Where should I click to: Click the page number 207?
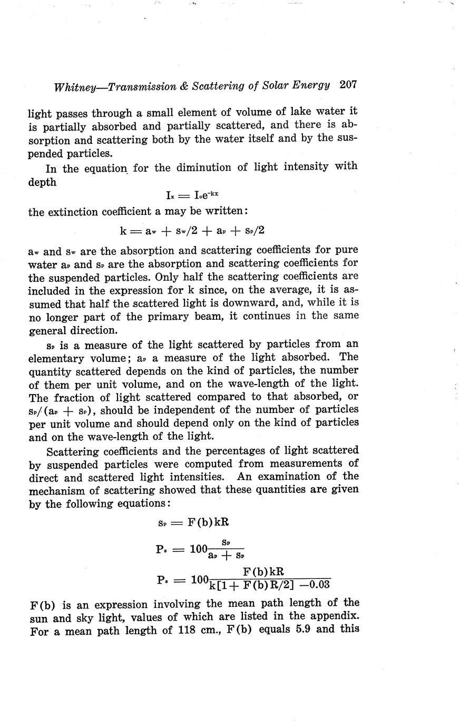349,84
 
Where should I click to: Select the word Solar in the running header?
266,85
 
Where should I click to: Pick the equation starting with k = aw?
192,230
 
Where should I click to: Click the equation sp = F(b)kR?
193,523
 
